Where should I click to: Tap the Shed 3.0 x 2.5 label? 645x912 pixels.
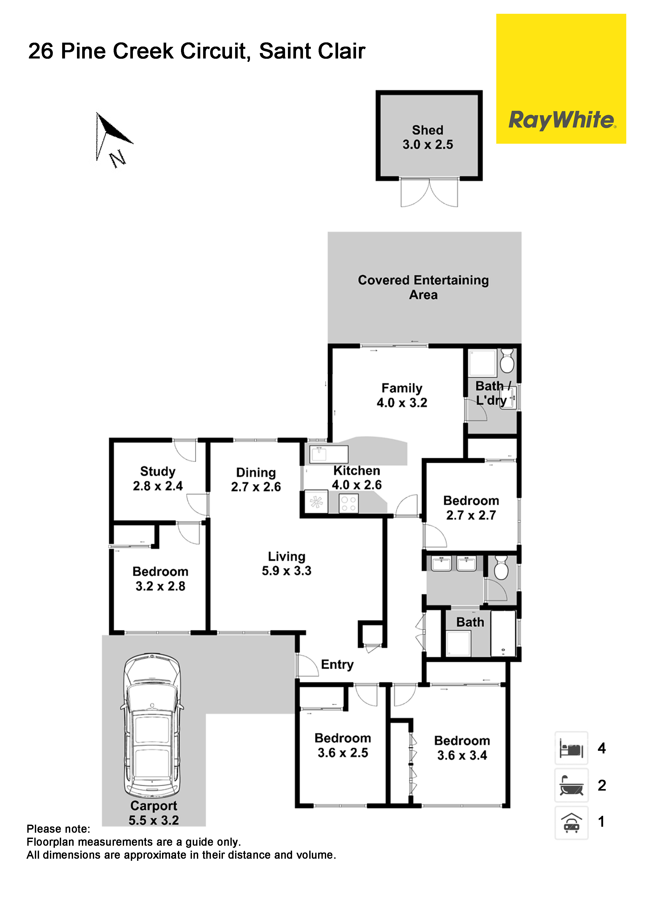click(428, 137)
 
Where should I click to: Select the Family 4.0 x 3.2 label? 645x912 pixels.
click(402, 395)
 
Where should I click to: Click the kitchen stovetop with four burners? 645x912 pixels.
click(349, 504)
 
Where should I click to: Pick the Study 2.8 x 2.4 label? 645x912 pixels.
click(158, 478)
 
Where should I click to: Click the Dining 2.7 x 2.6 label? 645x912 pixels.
click(256, 479)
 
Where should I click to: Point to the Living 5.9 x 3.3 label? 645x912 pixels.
click(287, 563)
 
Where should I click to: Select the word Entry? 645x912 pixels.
click(337, 665)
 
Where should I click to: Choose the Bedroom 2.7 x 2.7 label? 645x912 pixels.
click(471, 508)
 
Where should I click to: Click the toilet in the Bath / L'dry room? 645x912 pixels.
click(507, 361)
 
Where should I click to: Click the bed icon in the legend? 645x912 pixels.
click(571, 748)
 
